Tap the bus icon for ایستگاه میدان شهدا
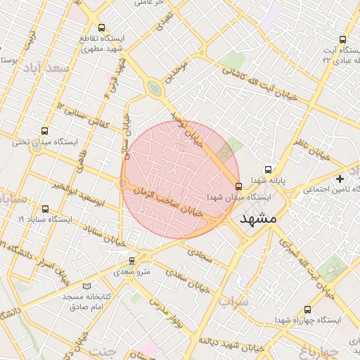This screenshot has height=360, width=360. [239, 186]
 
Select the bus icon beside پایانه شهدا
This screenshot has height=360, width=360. [268, 169]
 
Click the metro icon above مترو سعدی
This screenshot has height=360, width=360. [131, 260]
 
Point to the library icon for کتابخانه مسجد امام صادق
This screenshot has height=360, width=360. [87, 286]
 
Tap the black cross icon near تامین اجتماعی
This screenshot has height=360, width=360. [340, 179]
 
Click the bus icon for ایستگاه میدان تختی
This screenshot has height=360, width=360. [46, 131]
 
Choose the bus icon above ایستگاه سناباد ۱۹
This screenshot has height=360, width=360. [46, 209]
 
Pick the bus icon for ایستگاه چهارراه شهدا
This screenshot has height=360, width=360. [308, 309]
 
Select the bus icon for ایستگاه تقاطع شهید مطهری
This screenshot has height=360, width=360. [102, 27]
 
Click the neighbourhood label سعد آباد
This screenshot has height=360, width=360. [45, 68]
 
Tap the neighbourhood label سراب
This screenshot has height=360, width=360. [233, 302]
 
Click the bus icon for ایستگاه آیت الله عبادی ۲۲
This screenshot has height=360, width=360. [342, 40]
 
